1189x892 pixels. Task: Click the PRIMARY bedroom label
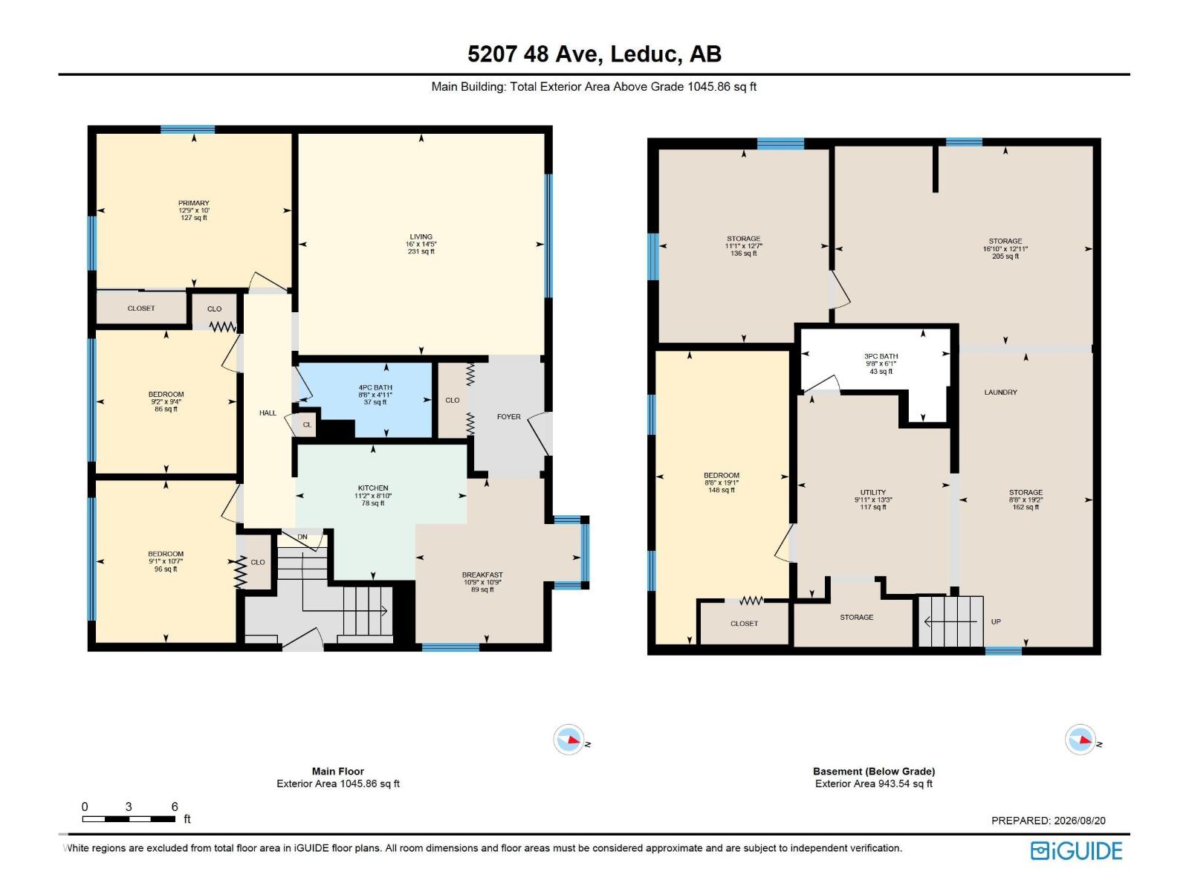click(193, 203)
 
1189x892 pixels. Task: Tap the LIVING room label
click(421, 236)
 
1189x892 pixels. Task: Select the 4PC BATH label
click(375, 388)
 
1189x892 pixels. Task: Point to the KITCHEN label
click(373, 488)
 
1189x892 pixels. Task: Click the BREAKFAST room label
click(482, 575)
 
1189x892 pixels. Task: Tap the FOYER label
click(508, 416)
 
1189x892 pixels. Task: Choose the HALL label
click(268, 413)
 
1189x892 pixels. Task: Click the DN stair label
click(302, 537)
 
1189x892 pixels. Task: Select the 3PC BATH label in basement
click(881, 356)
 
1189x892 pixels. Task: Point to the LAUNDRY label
click(1000, 392)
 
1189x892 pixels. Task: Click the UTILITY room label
click(872, 492)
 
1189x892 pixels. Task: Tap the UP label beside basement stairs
click(996, 621)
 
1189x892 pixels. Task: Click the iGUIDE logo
click(1076, 851)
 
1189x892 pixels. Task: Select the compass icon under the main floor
click(568, 740)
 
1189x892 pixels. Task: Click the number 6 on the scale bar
click(175, 807)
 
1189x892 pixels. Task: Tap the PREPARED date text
click(1048, 821)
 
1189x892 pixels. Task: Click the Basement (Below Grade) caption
click(874, 772)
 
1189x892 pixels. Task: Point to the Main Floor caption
click(338, 772)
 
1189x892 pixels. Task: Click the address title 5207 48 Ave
click(534, 54)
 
